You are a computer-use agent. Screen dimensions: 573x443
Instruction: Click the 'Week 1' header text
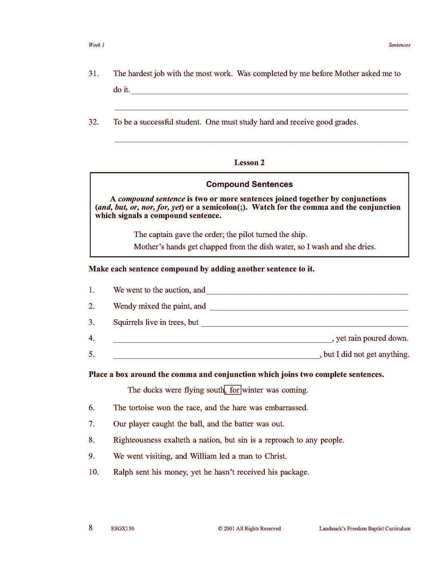coord(97,45)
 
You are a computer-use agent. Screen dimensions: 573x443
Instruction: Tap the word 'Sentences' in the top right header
coord(399,45)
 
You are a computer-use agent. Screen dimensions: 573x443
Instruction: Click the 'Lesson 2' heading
coord(249,162)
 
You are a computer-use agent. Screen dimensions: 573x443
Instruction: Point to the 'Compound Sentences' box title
coord(249,184)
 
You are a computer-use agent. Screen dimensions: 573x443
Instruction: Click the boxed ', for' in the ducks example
coord(233,390)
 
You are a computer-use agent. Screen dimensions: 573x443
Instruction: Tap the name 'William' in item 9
coord(203,456)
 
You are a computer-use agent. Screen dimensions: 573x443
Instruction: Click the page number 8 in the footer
coord(91,528)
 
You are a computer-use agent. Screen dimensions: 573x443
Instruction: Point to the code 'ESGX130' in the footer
coord(122,529)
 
